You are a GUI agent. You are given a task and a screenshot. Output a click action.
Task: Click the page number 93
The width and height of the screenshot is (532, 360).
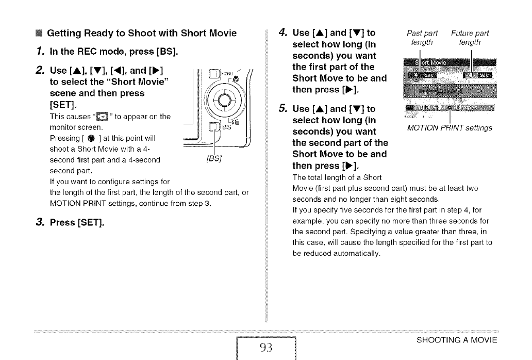[x=265, y=347]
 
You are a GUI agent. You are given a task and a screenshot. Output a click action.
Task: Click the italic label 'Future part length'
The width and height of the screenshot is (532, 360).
[x=470, y=38]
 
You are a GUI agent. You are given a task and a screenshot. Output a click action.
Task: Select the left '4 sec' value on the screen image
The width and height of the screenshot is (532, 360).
[x=422, y=77]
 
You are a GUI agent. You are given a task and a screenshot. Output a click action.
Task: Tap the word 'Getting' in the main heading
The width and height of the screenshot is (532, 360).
[x=65, y=34]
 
